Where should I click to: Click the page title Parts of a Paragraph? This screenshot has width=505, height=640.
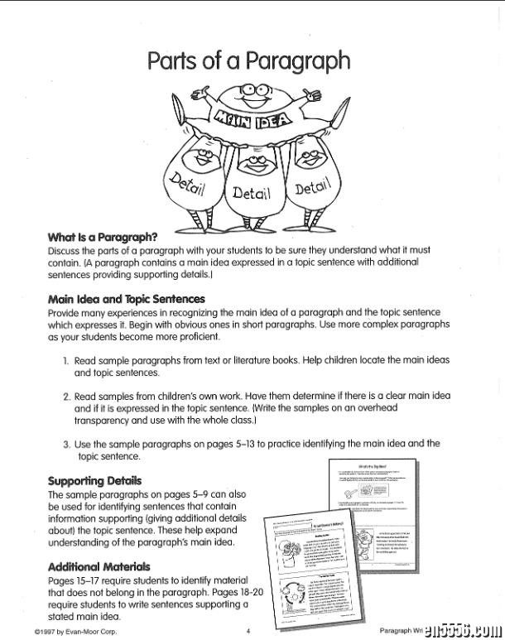(x=248, y=60)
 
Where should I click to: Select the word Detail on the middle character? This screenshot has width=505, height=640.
(x=251, y=194)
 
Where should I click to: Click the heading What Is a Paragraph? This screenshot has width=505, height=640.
(x=103, y=237)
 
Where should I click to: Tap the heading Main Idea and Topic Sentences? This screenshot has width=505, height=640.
(x=126, y=299)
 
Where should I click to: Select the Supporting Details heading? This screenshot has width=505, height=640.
(x=94, y=481)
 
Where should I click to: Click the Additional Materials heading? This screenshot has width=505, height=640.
(x=99, y=567)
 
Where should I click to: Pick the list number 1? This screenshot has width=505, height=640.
(x=65, y=362)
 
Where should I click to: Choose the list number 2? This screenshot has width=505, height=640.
(x=66, y=397)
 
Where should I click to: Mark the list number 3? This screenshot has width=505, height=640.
(x=66, y=444)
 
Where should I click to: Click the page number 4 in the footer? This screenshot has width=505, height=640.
(x=248, y=631)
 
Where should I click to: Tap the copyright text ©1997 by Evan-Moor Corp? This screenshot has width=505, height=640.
(x=75, y=631)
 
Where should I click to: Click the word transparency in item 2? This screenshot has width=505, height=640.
(x=104, y=420)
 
